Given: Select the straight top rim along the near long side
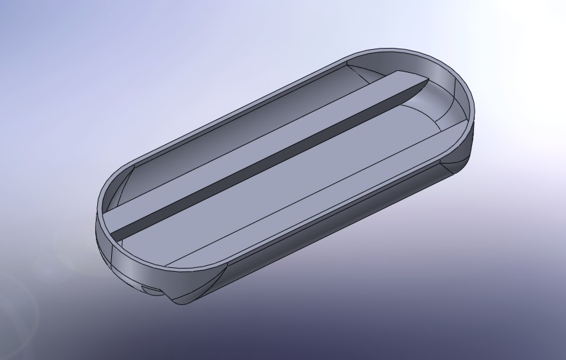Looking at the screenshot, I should pos(320,211).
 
